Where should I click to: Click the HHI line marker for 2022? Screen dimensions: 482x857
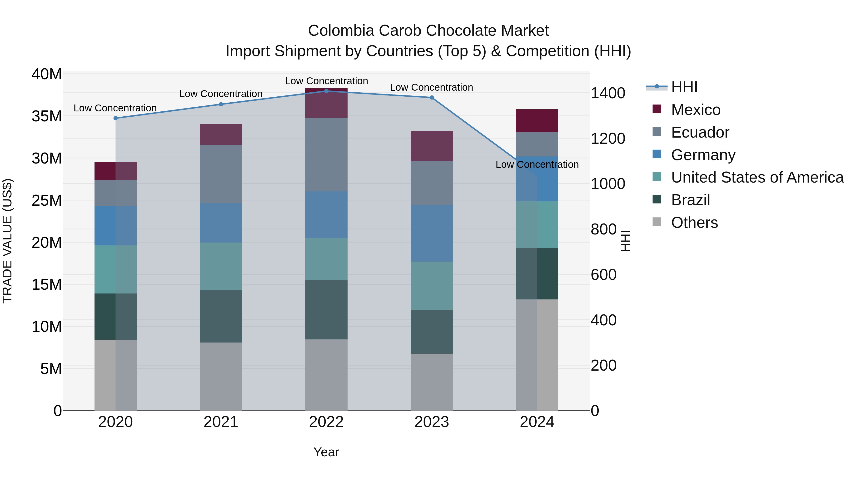click(326, 91)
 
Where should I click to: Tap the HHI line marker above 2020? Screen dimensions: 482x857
click(115, 118)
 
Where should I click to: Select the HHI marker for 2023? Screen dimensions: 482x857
click(432, 97)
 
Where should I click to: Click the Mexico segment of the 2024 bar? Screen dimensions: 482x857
click(537, 121)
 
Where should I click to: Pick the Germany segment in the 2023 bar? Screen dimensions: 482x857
click(432, 233)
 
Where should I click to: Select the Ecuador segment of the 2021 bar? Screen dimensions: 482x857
click(221, 174)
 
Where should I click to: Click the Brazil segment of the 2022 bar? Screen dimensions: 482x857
click(326, 309)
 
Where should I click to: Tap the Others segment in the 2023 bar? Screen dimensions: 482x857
click(432, 382)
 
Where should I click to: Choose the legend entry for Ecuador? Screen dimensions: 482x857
click(700, 132)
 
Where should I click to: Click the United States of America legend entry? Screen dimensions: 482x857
click(757, 177)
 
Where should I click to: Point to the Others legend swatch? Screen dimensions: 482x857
click(657, 222)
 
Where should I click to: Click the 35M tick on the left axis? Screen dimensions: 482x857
click(47, 116)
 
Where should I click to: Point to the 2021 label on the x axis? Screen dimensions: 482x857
click(221, 422)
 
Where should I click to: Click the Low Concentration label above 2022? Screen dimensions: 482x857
click(326, 81)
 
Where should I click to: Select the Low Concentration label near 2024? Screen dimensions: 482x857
click(537, 164)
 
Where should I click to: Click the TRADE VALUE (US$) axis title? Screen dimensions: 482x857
click(7, 241)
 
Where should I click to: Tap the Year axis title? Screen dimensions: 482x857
click(326, 452)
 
